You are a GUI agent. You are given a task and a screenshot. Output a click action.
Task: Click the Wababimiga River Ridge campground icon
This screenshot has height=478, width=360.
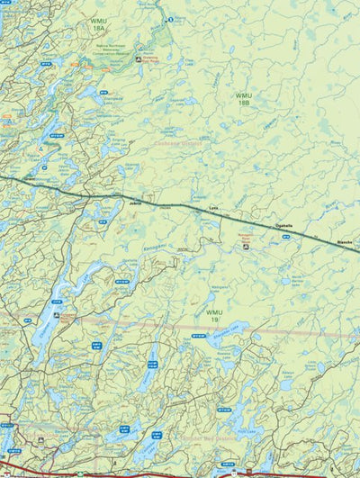click(x=138, y=59)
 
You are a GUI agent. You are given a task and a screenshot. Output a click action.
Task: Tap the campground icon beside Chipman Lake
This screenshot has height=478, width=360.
click(x=58, y=316)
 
